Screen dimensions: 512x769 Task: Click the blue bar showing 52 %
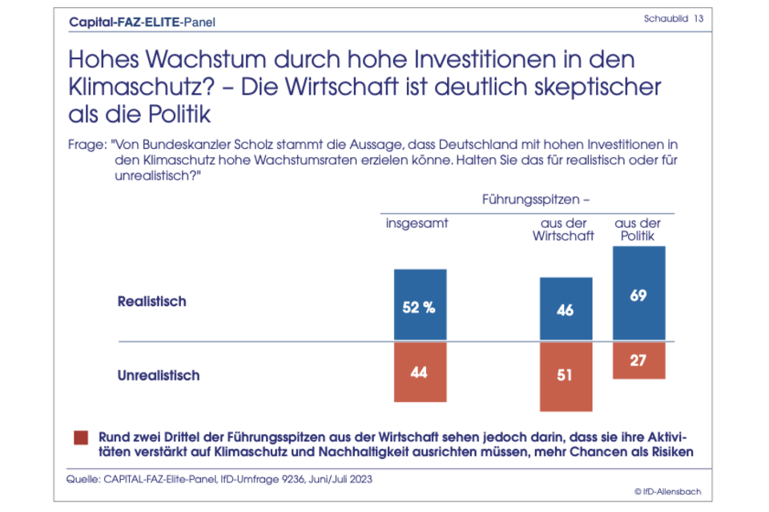pyautogui.click(x=419, y=305)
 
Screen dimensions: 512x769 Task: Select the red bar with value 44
pyautogui.click(x=419, y=372)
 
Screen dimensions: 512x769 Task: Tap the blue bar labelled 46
pyautogui.click(x=566, y=309)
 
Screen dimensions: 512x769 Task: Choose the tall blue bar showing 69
pyautogui.click(x=638, y=294)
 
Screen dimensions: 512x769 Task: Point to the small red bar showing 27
pyautogui.click(x=638, y=360)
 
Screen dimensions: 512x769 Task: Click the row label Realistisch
pyautogui.click(x=151, y=302)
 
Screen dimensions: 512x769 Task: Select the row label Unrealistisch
pyautogui.click(x=158, y=374)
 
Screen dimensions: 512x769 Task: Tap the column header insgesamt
pyautogui.click(x=417, y=223)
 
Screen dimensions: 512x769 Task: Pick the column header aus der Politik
pyautogui.click(x=638, y=229)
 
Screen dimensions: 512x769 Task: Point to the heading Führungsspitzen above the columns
pyautogui.click(x=536, y=197)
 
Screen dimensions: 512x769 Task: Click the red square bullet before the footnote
pyautogui.click(x=80, y=437)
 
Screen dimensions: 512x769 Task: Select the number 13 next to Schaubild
pyautogui.click(x=699, y=18)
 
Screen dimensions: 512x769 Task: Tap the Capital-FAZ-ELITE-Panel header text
pyautogui.click(x=143, y=22)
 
